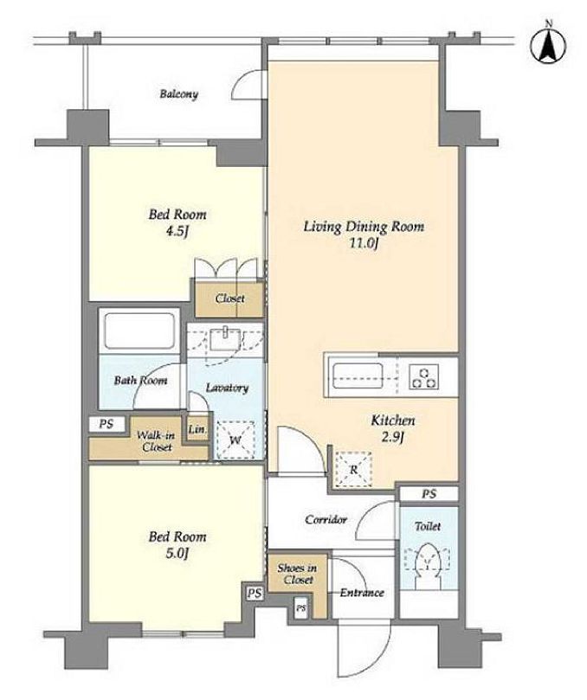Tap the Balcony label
[178, 94]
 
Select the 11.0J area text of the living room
[364, 244]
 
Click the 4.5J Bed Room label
[177, 222]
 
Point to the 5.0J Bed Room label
[177, 544]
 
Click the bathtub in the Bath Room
[139, 331]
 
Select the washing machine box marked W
[235, 440]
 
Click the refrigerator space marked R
[353, 469]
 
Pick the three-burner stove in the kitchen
[424, 377]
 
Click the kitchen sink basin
[357, 377]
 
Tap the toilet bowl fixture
[428, 566]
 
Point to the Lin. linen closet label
[197, 429]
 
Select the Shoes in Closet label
[298, 575]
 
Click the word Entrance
[362, 593]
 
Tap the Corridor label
[326, 520]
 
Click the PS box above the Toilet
[429, 494]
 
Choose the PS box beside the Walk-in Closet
[106, 424]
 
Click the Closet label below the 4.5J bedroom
[229, 299]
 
